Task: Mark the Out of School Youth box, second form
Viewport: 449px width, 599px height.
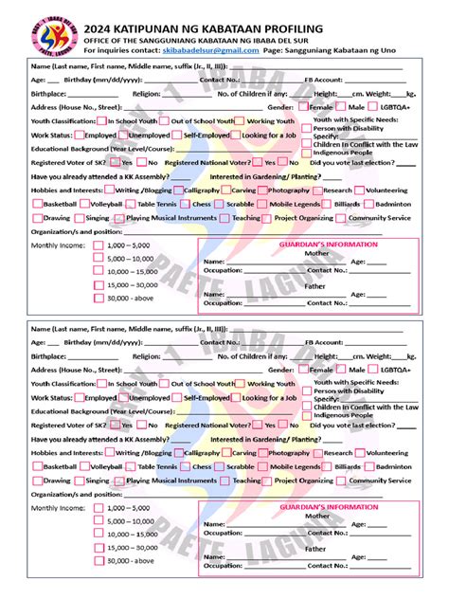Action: [x=166, y=385]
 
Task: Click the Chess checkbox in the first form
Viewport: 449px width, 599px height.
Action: [x=186, y=204]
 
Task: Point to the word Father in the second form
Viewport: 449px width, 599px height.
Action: [x=315, y=548]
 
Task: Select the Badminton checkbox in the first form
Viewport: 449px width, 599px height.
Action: [x=368, y=204]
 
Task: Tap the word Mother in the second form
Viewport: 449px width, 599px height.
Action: [x=316, y=516]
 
